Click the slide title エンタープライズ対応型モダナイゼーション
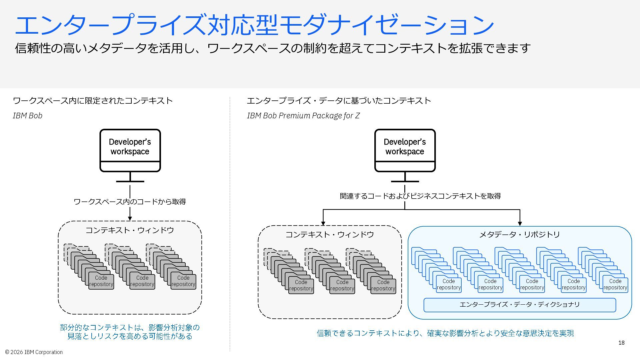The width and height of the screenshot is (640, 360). [x=254, y=25]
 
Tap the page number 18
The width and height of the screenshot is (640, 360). [x=621, y=343]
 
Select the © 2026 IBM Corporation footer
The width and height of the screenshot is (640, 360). [x=34, y=352]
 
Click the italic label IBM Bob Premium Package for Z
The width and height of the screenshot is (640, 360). [x=303, y=116]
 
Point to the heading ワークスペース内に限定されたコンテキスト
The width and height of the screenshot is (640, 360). [x=93, y=101]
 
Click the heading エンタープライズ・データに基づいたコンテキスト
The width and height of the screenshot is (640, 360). [x=339, y=101]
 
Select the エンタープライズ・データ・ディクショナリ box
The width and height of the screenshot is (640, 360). [x=520, y=305]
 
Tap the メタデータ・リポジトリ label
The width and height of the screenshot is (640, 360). [x=520, y=235]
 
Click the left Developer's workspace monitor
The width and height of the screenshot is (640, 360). [x=130, y=155]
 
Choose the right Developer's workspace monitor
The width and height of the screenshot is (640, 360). [x=405, y=155]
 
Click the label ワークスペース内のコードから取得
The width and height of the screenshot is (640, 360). [x=130, y=202]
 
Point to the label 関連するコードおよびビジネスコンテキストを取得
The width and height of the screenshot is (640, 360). [x=420, y=196]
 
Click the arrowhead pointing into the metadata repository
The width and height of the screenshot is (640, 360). [x=520, y=223]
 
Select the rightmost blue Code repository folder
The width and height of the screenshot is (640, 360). [x=615, y=285]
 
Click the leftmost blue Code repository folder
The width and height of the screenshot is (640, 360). [x=449, y=285]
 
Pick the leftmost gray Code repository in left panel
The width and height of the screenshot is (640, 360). [x=101, y=281]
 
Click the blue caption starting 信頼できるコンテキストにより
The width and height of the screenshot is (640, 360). [x=445, y=333]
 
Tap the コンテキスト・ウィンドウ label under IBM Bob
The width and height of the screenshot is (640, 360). [x=130, y=230]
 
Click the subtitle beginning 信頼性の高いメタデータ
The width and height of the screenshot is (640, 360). [x=273, y=48]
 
